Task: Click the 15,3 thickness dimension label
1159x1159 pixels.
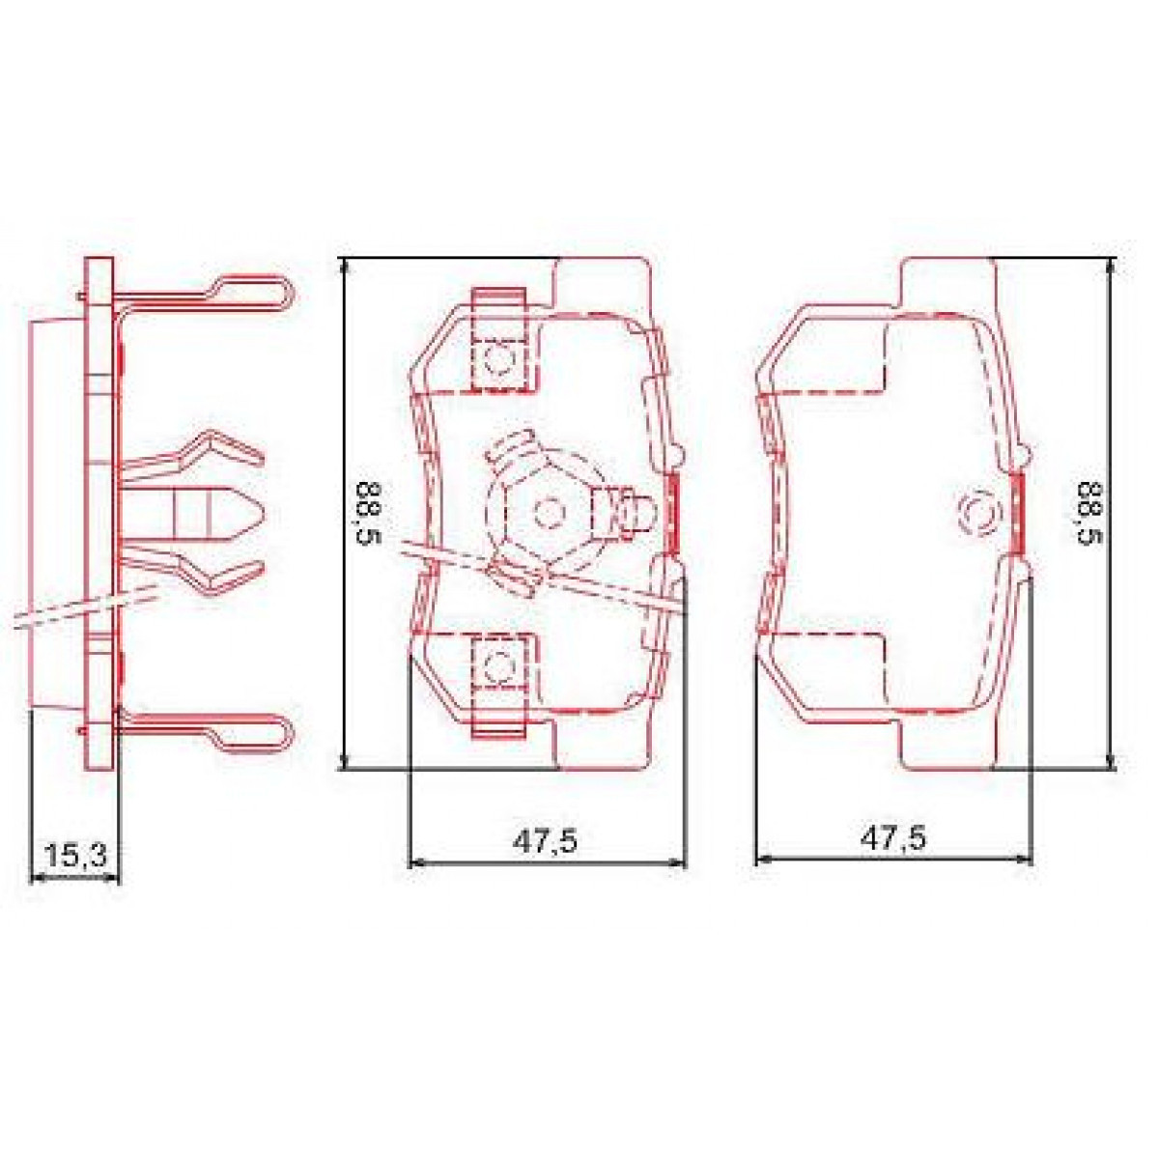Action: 76,854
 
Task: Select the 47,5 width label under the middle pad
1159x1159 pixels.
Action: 545,840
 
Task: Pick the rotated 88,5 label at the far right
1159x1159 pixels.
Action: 1092,513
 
